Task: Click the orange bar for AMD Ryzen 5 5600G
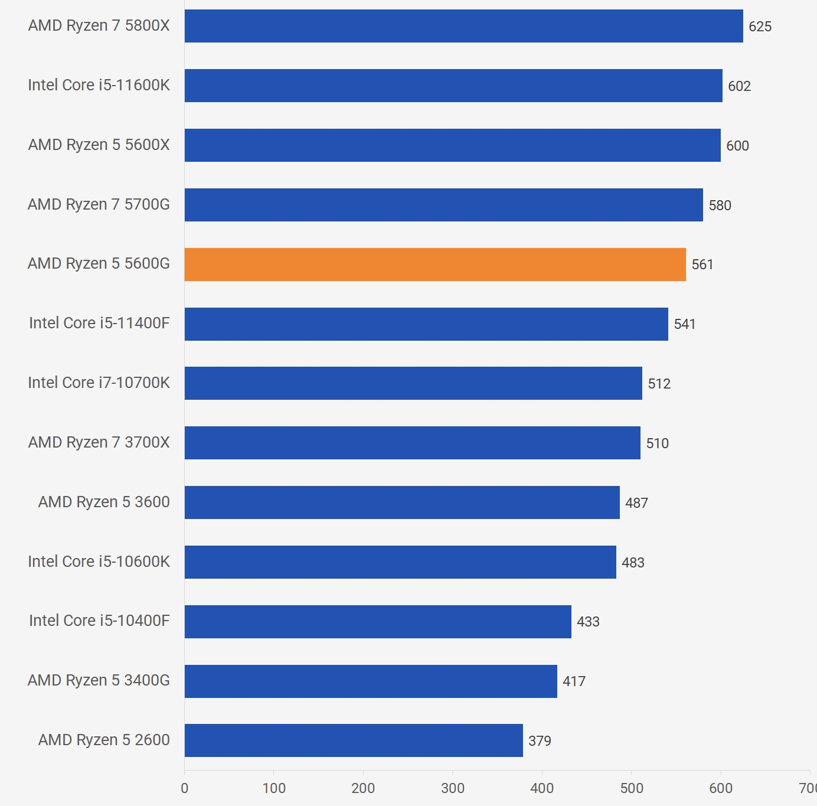pos(435,265)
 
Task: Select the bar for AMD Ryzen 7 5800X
pos(463,26)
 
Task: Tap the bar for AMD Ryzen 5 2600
pos(354,740)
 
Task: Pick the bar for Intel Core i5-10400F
pos(378,622)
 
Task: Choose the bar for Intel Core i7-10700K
pos(413,383)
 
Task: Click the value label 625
pos(760,27)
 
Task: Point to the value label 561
pos(702,265)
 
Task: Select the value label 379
pos(540,741)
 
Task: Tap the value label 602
pos(739,86)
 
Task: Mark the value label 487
pos(636,503)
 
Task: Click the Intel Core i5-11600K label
pos(99,85)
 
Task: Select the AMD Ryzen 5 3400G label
pos(99,680)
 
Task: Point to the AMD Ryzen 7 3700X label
pos(99,442)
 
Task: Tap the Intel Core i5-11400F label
pos(99,323)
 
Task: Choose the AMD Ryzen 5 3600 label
pos(104,502)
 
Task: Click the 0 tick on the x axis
pos(185,788)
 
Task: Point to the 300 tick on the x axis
pos(453,788)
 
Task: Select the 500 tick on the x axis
pos(631,788)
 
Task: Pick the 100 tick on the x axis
pos(274,788)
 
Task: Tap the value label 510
pos(657,443)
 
